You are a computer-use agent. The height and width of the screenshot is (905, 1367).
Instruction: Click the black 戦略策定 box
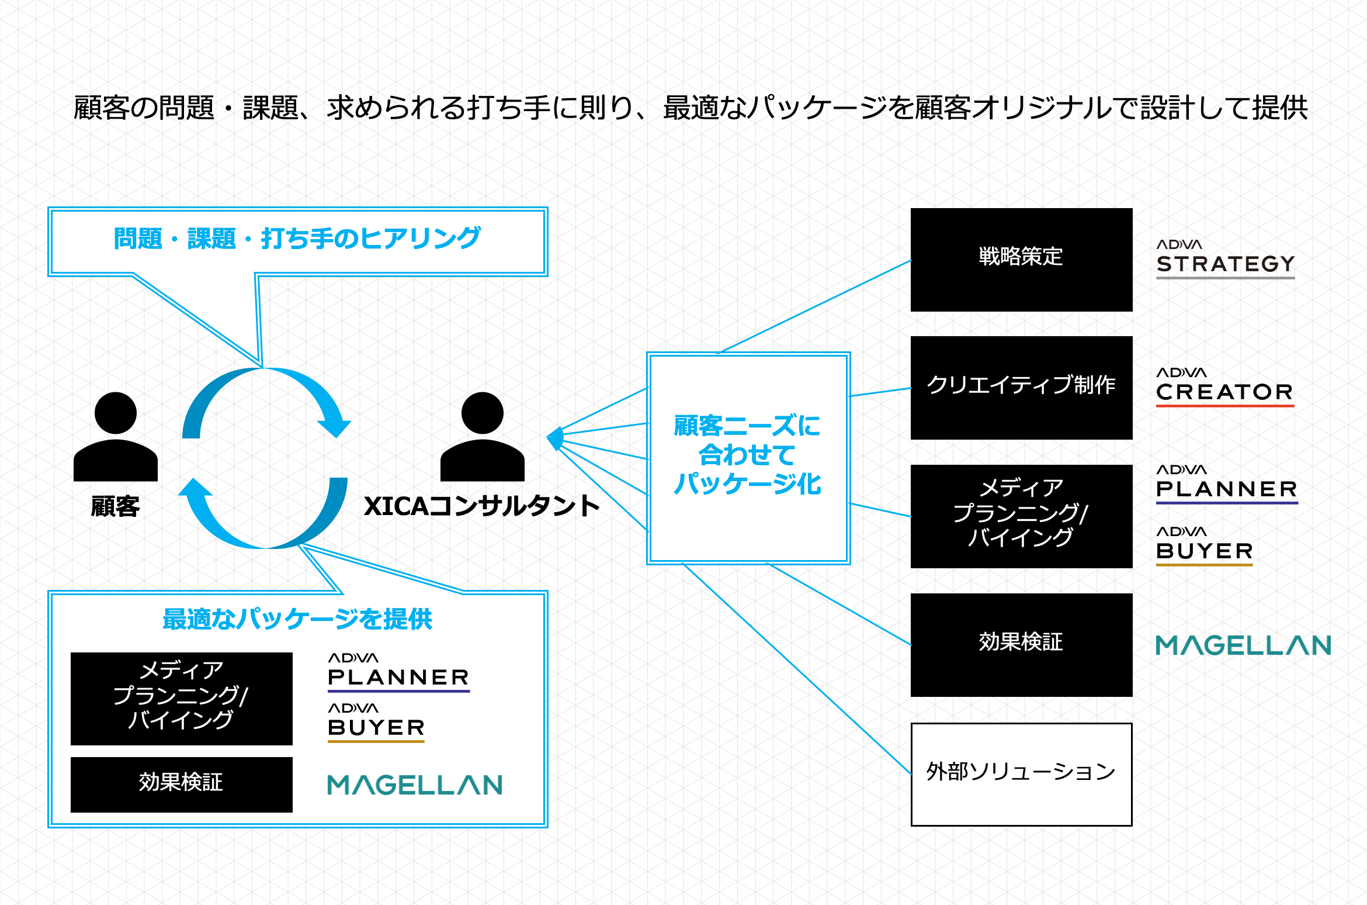[1021, 259]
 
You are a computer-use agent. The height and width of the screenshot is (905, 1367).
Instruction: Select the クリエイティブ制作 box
[1021, 387]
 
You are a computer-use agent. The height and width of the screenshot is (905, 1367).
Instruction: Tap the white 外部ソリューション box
[1021, 774]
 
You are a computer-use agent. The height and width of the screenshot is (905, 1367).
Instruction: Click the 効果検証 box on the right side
[1021, 644]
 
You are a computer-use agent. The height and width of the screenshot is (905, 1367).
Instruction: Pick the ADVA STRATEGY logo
[1225, 258]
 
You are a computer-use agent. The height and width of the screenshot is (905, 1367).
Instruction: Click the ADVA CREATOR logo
[1225, 386]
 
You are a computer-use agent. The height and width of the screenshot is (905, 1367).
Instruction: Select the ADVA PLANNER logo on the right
[1226, 484]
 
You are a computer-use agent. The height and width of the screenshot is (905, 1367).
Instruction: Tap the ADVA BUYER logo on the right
[1205, 546]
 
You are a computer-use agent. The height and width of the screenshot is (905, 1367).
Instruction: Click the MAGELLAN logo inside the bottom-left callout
[415, 785]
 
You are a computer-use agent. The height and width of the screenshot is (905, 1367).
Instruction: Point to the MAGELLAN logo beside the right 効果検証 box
[1243, 645]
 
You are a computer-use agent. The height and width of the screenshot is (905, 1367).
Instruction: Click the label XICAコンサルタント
[481, 506]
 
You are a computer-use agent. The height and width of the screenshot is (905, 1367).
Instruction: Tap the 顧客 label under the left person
[115, 506]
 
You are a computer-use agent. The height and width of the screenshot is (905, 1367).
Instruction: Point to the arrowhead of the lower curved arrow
[195, 489]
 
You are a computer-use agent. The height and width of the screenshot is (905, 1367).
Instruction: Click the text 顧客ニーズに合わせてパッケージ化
[747, 455]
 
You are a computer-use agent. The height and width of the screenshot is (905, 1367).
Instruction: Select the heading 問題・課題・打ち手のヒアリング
[297, 239]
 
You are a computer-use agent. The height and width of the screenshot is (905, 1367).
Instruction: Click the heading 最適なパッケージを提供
[297, 619]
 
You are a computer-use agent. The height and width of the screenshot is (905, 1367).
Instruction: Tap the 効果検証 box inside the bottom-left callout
[181, 784]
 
